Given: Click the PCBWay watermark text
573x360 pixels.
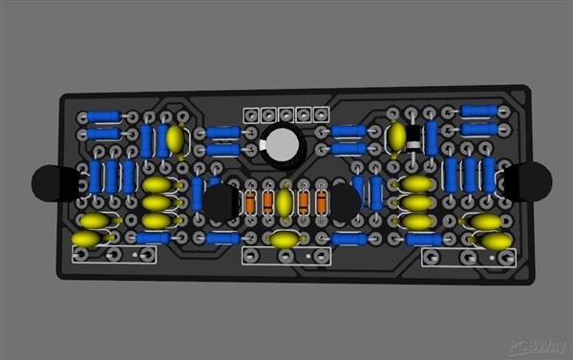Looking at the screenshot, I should point(538,347).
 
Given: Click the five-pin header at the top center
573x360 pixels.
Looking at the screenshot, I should point(285,115).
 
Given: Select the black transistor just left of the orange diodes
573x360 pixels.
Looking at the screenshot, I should point(223,201).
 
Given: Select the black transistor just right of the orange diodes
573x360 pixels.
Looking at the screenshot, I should point(345,201).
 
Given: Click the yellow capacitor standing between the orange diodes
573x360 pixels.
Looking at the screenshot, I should point(285,201).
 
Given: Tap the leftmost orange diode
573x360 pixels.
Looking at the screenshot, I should point(250,201).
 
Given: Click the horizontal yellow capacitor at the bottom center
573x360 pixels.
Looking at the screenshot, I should point(284,239).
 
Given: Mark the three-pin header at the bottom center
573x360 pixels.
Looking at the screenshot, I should point(285,255).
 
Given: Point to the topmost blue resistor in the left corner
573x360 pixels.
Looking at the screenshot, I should point(102,116).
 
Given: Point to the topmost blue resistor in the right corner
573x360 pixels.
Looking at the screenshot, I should point(479,111).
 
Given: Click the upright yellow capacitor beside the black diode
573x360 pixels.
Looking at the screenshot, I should point(396,138).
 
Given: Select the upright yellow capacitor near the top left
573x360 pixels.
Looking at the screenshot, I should point(175,139).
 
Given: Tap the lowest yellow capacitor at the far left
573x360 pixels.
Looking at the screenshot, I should point(86,239).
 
